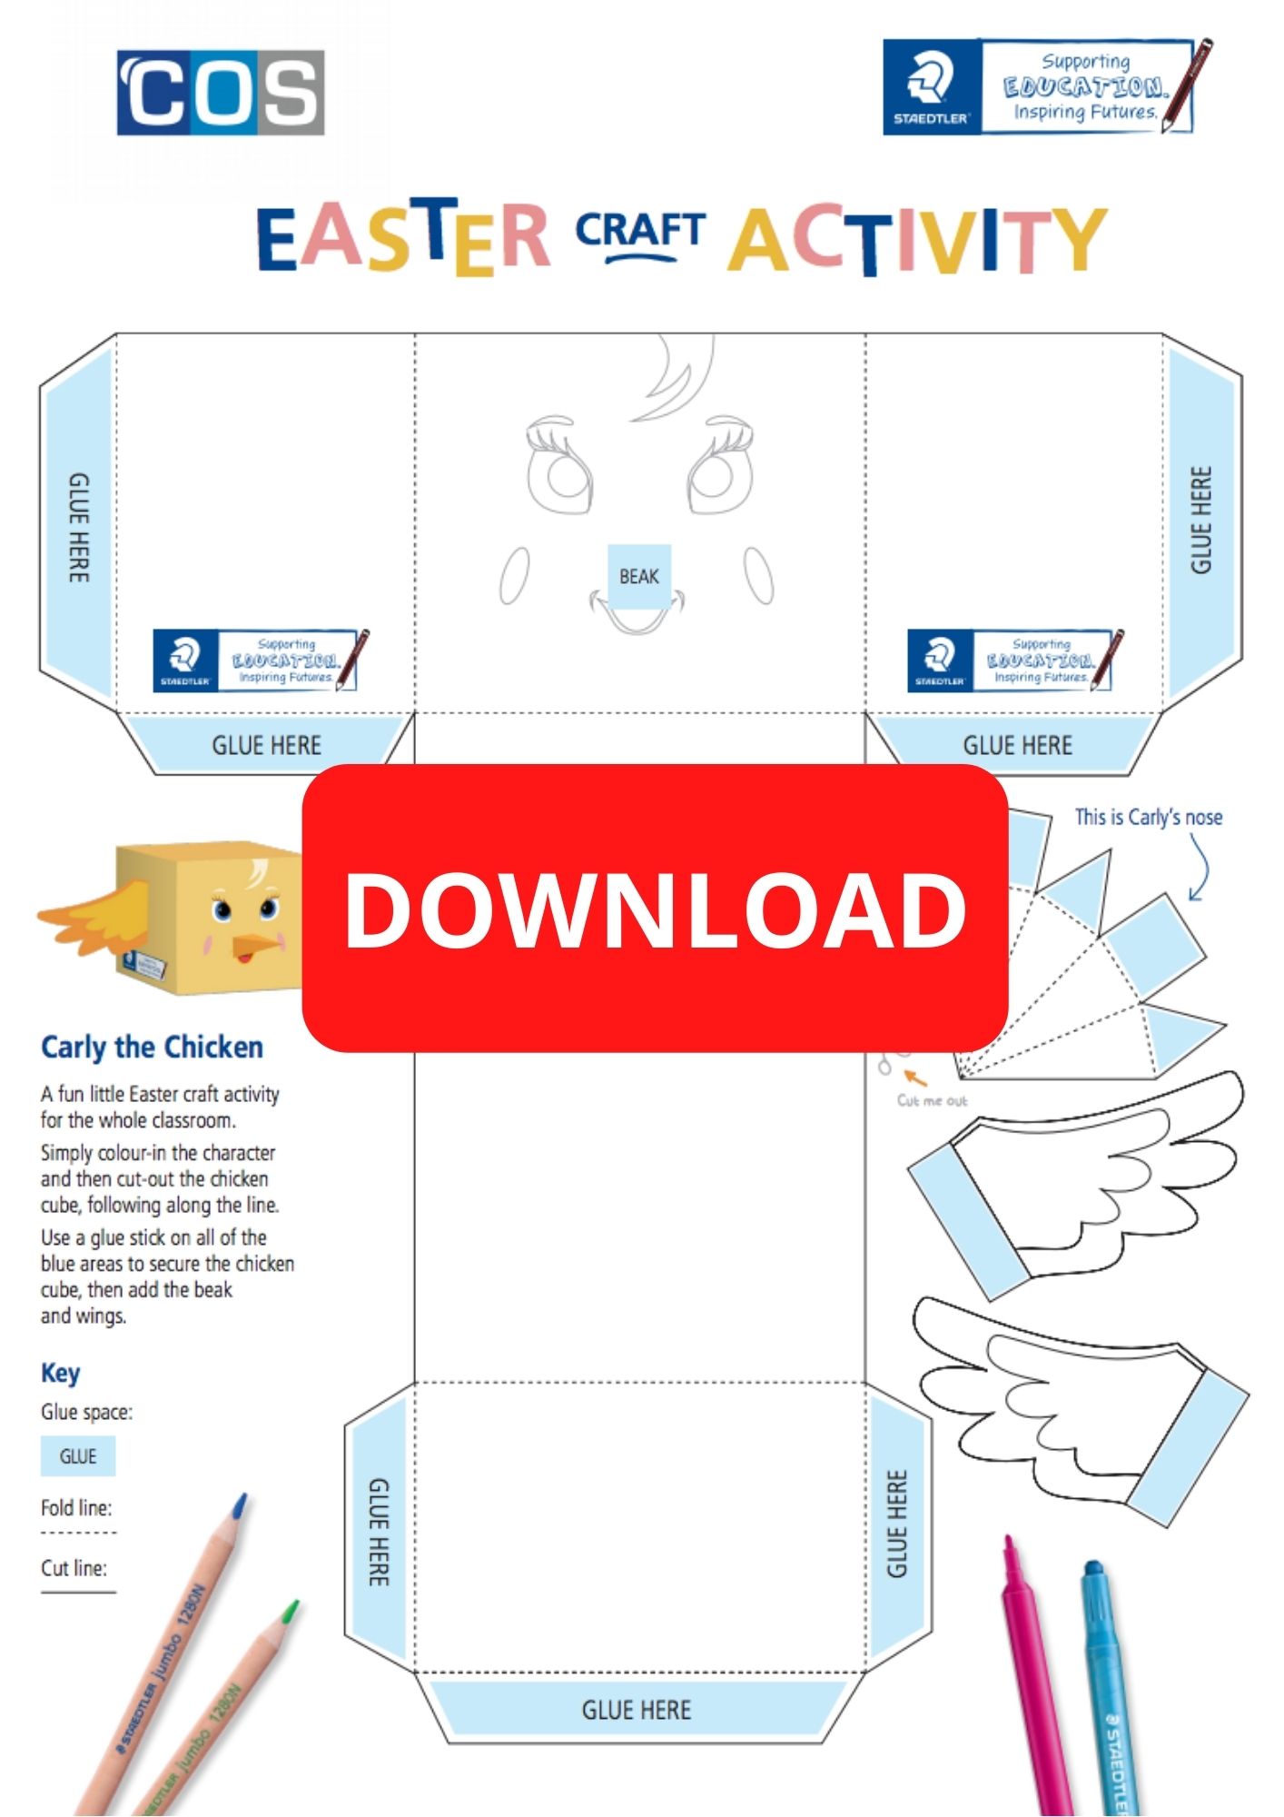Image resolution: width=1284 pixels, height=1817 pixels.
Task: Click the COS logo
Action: coord(221,93)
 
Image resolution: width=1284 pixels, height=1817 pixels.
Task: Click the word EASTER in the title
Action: coord(403,238)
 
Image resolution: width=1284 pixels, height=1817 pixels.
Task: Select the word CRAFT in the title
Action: coord(640,233)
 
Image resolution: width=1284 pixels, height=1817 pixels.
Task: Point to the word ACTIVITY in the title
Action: coord(917,240)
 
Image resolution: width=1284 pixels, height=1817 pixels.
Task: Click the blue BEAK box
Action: coord(639,576)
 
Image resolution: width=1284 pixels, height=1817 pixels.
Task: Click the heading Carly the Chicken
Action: coord(152,1048)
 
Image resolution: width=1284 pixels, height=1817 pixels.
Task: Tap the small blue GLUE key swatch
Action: coord(78,1456)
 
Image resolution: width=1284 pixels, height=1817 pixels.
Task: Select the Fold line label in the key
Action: coord(76,1508)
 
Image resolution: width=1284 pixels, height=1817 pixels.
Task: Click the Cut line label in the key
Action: coord(74,1568)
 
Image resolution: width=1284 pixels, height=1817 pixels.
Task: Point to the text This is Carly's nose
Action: coord(1148,818)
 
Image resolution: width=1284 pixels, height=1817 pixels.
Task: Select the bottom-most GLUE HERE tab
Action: coord(637,1710)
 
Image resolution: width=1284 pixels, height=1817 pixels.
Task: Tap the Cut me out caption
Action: coord(932,1101)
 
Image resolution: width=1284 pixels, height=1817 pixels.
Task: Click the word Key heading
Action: coord(60,1373)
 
